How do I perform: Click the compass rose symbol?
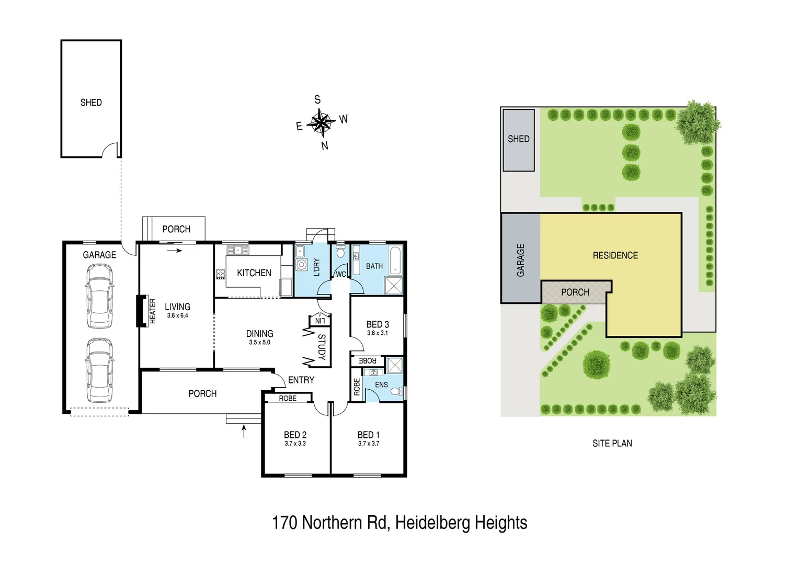coord(320,123)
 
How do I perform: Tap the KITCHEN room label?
coord(254,273)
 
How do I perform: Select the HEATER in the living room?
coord(142,311)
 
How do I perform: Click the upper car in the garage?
coord(99,296)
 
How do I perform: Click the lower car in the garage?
coord(99,370)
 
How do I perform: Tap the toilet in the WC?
coord(340,253)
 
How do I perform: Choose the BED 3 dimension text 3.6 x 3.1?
coord(377,333)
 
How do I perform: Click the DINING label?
coord(259,334)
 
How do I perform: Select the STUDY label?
coord(322,347)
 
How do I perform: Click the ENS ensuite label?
coord(381,385)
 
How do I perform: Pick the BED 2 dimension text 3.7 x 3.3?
coord(295,444)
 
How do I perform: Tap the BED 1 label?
coord(368,435)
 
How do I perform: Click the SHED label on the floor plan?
coord(91,103)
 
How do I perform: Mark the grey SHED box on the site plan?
coord(518,140)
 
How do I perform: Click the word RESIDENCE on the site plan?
coord(615,255)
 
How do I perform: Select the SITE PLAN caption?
coord(612,443)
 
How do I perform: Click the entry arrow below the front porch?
coord(244,431)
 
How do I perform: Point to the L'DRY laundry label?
coord(316,267)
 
